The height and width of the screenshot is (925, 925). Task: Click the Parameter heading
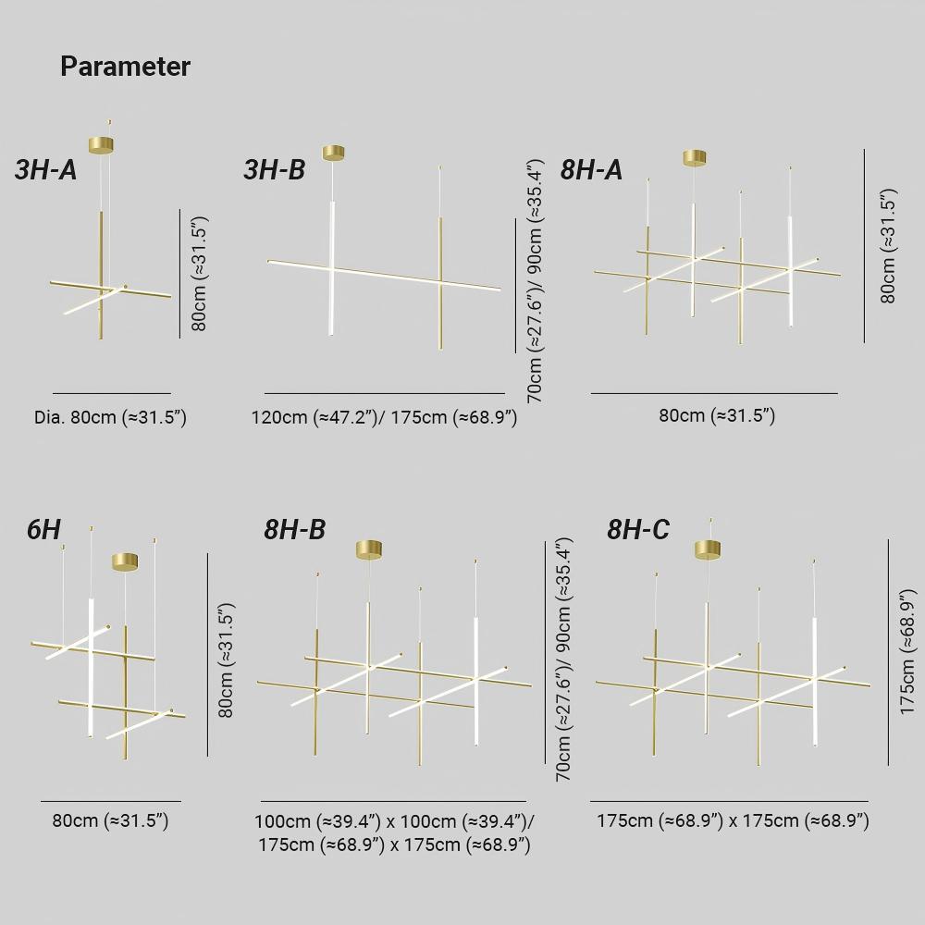point(125,67)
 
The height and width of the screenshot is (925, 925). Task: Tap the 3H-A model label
point(46,170)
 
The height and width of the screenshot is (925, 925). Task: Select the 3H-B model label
point(275,170)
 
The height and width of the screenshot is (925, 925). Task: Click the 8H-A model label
point(591,170)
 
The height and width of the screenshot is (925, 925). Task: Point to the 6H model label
point(43,529)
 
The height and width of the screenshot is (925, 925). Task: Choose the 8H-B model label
point(294,529)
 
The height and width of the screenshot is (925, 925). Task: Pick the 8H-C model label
point(638,529)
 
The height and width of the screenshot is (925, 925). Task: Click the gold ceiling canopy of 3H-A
point(101,144)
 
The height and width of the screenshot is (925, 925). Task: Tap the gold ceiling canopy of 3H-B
point(333,153)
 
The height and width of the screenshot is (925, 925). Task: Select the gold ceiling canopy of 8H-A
point(695,157)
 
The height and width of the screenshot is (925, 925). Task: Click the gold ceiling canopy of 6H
point(125,561)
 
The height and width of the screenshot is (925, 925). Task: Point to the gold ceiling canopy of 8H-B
point(369,549)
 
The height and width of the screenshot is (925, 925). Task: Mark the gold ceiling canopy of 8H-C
point(708,549)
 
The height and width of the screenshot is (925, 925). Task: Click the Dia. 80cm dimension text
point(110,418)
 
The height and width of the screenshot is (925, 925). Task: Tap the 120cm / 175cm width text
point(384,418)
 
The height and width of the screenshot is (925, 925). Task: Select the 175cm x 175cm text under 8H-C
point(733,820)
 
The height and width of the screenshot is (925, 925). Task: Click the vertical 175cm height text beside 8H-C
point(907,652)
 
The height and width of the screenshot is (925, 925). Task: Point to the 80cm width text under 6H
point(110,820)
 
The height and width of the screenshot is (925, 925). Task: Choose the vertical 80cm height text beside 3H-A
point(200,273)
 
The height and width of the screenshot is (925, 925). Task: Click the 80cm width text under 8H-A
point(717,415)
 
